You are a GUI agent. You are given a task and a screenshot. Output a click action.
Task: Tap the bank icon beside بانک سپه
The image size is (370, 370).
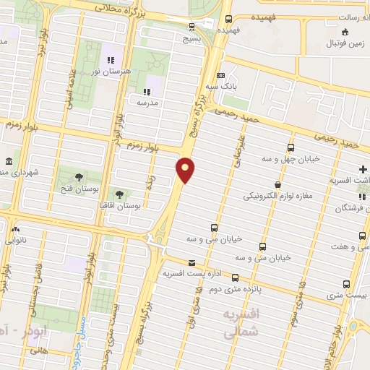tap(221, 76)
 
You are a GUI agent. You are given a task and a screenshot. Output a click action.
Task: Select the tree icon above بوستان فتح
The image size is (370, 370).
tap(78, 176)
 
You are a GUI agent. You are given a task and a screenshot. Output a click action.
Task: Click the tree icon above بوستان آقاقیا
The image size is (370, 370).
tap(118, 194)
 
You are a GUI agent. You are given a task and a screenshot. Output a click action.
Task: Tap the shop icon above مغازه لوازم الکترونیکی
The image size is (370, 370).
tap(278, 184)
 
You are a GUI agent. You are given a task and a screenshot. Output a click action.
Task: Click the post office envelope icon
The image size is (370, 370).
tap(191, 262)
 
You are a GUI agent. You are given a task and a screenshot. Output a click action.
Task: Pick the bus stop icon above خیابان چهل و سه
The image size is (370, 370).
tap(291, 148)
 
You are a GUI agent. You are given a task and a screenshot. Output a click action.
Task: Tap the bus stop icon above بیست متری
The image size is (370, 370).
tap(346, 284)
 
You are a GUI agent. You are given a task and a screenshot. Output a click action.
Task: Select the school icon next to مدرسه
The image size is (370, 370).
tap(146, 92)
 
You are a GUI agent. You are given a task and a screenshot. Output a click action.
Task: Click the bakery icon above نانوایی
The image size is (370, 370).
tap(15, 229)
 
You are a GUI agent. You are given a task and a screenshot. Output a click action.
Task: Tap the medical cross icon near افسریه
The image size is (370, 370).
tap(363, 168)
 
